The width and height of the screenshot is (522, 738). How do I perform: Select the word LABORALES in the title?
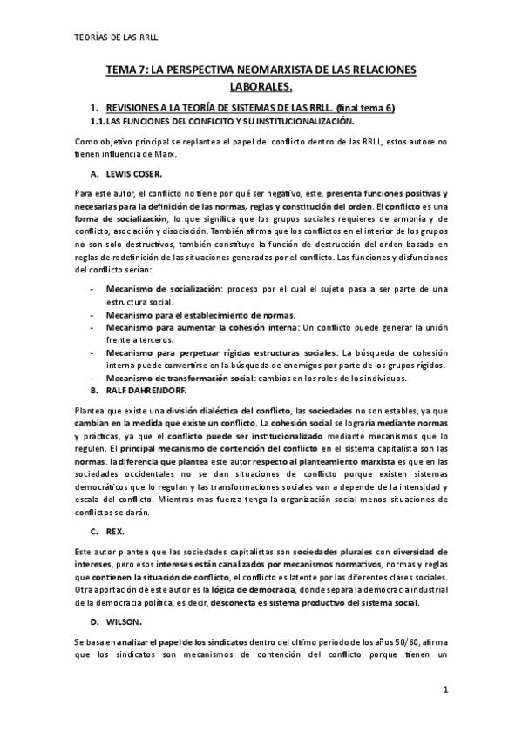coord(261,85)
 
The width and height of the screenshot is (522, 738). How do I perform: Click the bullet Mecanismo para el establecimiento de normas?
coord(200,314)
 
